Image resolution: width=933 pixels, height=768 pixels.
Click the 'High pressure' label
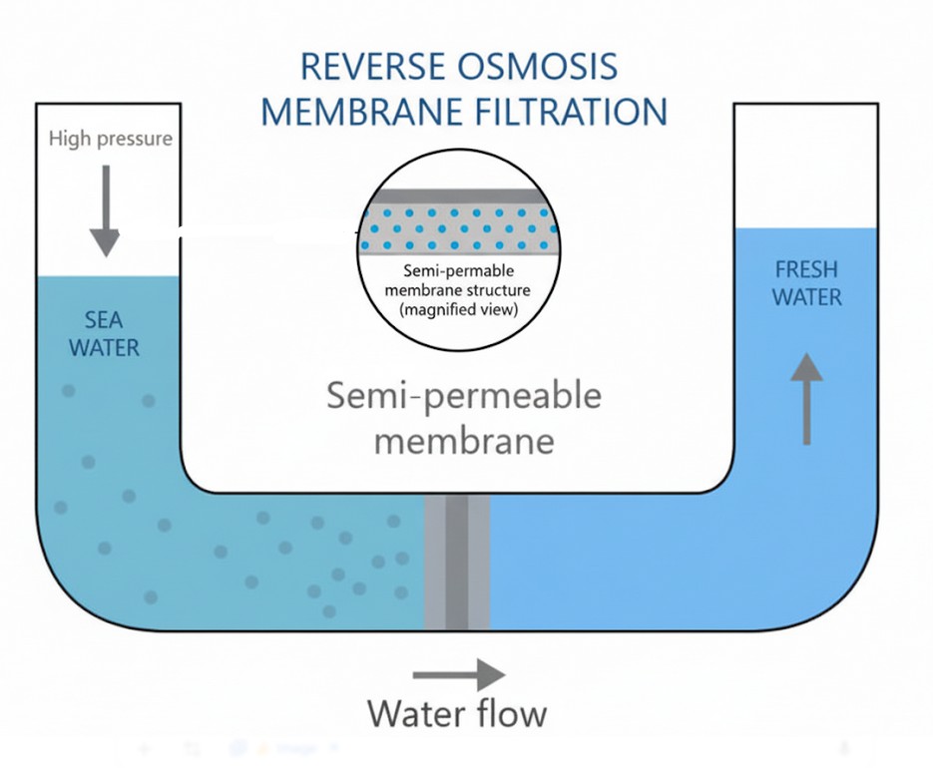(110, 138)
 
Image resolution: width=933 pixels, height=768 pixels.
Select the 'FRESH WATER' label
(806, 283)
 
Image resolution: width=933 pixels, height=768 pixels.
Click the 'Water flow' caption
(457, 714)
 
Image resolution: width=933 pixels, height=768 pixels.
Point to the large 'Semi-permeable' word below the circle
(464, 397)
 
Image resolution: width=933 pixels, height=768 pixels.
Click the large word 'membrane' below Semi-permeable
(463, 440)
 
